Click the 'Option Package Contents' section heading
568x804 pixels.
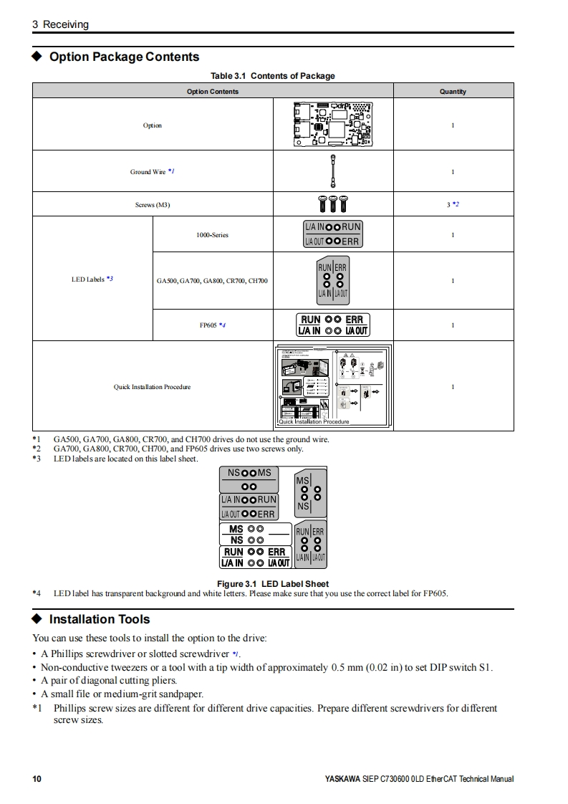tap(124, 57)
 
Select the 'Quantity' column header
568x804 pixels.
tap(453, 91)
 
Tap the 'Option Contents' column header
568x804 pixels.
tap(213, 91)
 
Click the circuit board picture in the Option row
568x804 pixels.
tap(332, 124)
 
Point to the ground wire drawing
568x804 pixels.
tap(332, 171)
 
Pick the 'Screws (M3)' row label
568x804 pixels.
tap(153, 205)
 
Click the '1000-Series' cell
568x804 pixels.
tap(212, 235)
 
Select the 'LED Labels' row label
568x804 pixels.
tap(92, 279)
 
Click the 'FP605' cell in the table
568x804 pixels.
tap(212, 325)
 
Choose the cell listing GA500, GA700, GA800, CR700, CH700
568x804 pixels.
tap(212, 280)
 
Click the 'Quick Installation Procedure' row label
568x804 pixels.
tap(153, 387)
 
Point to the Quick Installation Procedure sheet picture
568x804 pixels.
tap(332, 386)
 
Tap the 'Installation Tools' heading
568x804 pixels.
tap(99, 619)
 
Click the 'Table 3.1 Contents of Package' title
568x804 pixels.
tap(272, 76)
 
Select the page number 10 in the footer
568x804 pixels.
tap(37, 779)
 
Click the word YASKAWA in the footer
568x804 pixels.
tap(342, 779)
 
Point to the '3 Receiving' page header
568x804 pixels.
tap(60, 24)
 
